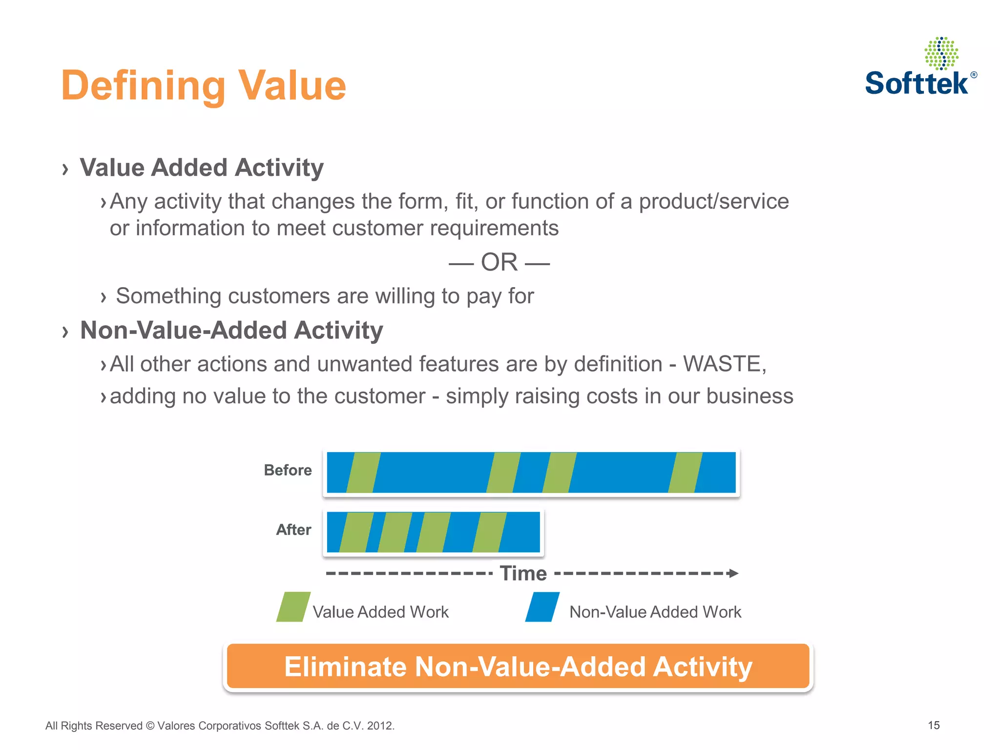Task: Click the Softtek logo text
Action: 916,83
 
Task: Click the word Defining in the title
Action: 143,86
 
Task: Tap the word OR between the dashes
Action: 499,263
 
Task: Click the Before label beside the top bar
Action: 288,470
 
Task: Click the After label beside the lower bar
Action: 293,530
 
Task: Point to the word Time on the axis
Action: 523,574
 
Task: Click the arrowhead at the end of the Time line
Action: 733,573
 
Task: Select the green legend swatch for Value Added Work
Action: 293,607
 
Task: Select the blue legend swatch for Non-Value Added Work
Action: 542,607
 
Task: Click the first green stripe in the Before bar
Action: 363,472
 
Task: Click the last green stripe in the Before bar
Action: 685,472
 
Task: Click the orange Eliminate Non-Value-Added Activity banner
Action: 518,667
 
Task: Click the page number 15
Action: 934,725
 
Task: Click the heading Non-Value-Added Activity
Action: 231,331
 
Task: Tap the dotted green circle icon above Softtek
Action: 941,53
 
